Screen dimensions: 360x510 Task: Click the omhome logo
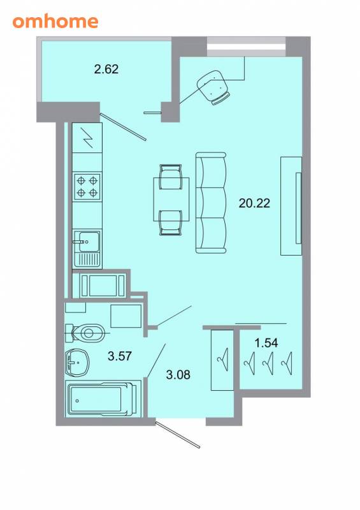point(55,21)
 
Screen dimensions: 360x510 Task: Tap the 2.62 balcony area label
point(106,69)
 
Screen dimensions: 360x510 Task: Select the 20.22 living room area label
point(254,203)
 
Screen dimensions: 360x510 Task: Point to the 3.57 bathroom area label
point(120,356)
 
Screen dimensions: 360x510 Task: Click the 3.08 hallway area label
point(178,374)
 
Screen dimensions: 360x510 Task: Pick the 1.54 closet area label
point(266,342)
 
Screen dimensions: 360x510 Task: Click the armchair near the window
point(213,87)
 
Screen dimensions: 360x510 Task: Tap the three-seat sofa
point(211,203)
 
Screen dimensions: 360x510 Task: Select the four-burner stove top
point(87,186)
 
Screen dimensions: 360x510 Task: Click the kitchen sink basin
point(89,242)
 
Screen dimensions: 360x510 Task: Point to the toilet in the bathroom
point(85,333)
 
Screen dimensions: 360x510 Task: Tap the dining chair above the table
point(170,177)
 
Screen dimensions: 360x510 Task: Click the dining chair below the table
point(170,222)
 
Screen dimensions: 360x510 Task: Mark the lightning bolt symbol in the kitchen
point(87,138)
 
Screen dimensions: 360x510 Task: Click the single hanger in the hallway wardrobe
point(223,360)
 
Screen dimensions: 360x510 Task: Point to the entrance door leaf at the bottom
point(178,435)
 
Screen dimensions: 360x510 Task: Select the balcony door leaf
point(123,126)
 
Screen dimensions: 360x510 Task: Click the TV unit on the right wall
point(291,206)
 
